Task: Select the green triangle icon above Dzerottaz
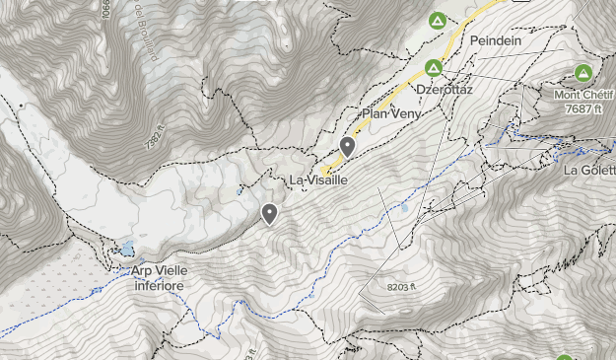point(433,67)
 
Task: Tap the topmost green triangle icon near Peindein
point(437,20)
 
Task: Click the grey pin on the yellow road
point(347,147)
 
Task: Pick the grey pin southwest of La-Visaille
point(269,213)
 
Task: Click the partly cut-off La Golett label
point(589,170)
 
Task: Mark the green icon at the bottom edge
point(565,357)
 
